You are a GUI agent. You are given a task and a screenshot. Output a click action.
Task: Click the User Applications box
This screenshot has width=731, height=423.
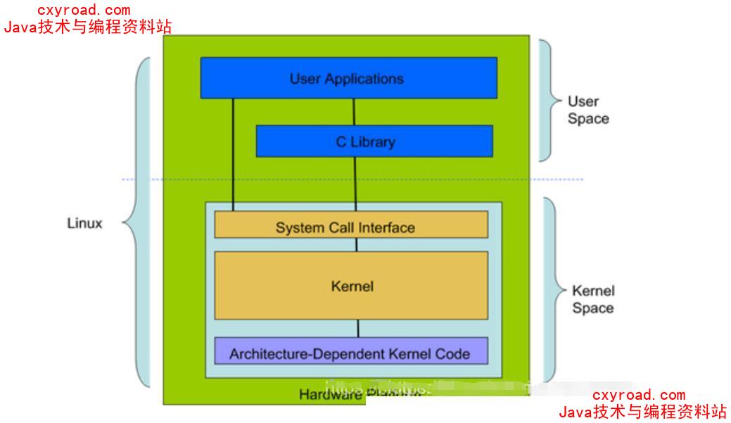(x=348, y=77)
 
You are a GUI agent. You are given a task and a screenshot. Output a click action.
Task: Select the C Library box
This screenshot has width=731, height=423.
(x=374, y=141)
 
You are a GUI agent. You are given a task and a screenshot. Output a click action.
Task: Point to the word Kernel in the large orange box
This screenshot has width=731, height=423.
(x=352, y=286)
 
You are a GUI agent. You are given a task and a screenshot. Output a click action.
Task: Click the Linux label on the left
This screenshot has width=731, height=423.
(x=84, y=224)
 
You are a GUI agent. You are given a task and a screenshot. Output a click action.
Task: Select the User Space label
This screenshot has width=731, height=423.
(x=587, y=111)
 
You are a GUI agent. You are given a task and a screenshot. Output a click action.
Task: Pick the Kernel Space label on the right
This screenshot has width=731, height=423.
(x=592, y=299)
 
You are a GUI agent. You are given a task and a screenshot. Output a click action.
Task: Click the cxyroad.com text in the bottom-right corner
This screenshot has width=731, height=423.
(x=638, y=396)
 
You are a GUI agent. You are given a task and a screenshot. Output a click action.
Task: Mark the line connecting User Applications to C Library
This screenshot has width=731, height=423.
(x=354, y=112)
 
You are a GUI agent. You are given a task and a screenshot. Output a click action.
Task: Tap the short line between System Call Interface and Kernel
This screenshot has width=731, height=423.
(x=357, y=245)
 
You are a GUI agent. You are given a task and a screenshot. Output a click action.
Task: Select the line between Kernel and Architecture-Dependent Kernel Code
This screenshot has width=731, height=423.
(x=358, y=328)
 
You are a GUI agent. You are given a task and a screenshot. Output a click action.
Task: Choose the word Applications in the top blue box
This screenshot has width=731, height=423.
(x=363, y=78)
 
